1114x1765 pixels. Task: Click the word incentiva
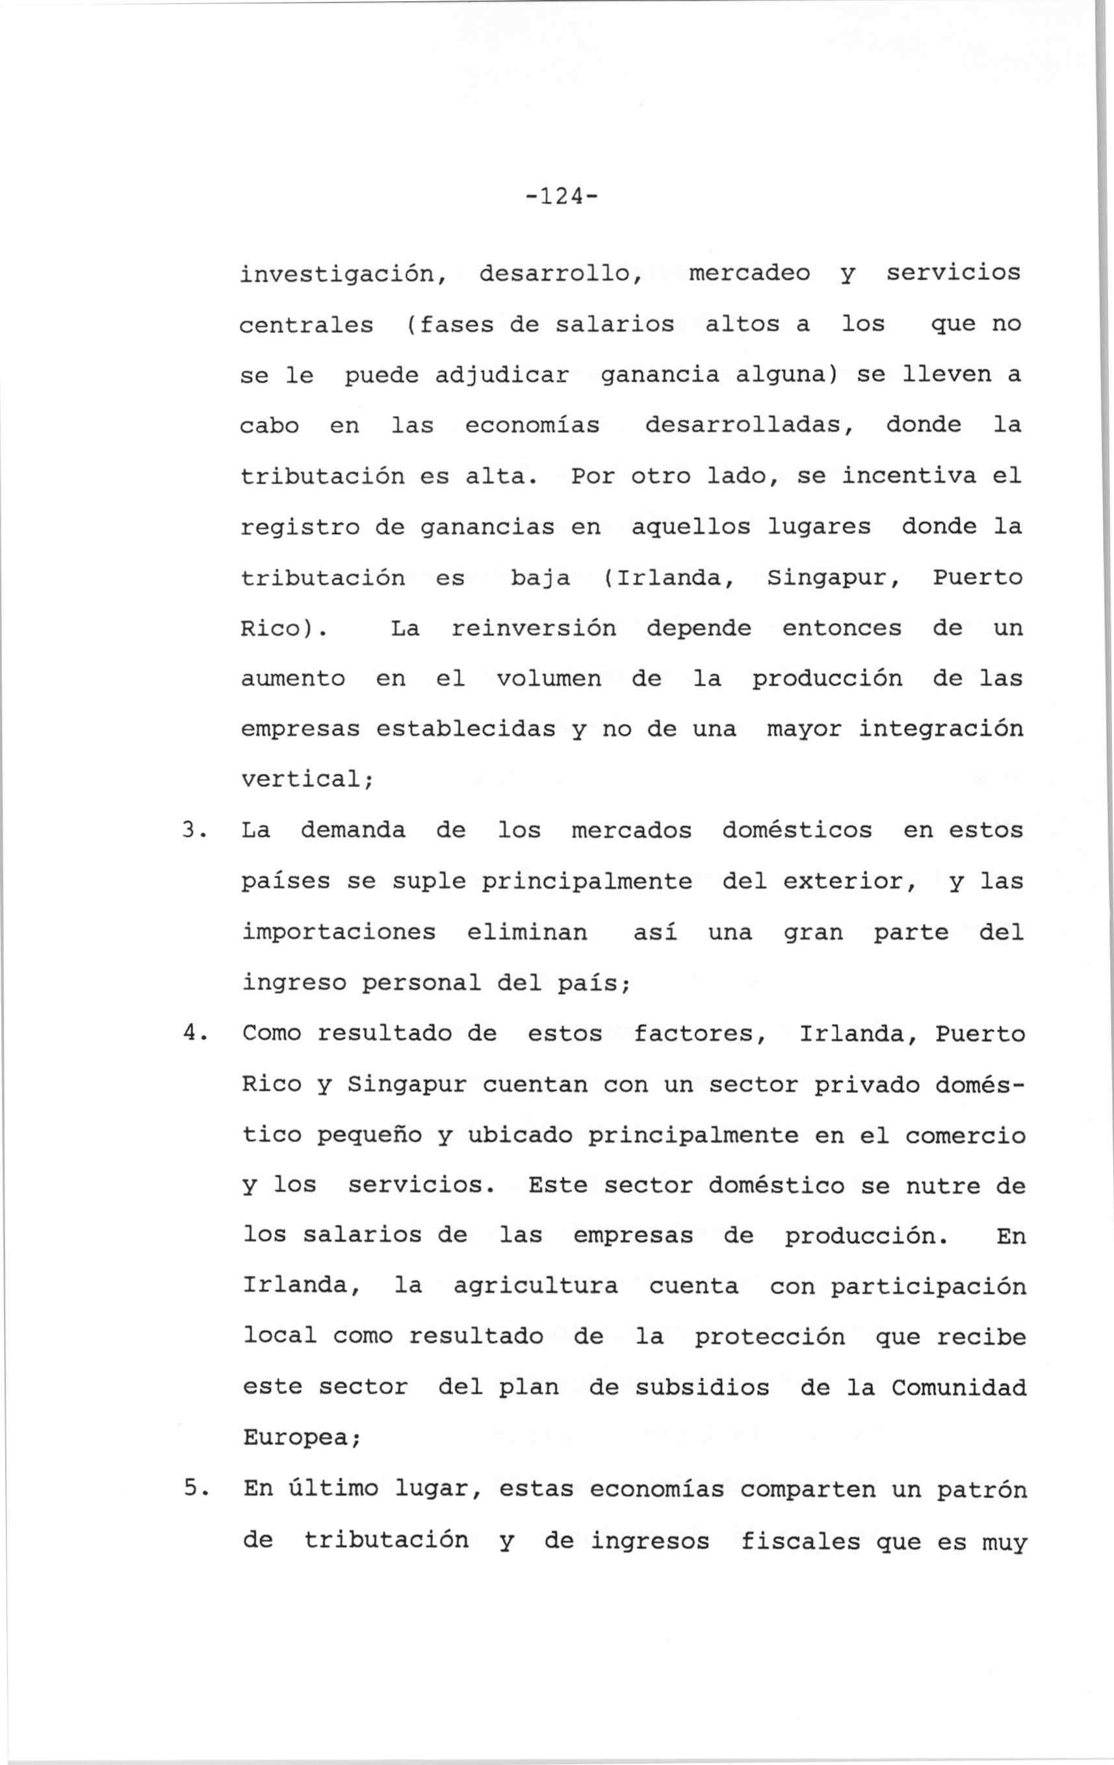908,476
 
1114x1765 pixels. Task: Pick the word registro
300,528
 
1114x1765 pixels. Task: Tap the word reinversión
534,629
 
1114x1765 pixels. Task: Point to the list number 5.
191,1489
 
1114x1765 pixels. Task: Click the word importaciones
339,933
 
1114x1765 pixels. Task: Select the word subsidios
702,1387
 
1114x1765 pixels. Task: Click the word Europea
300,1438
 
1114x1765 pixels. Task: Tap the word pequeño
369,1135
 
